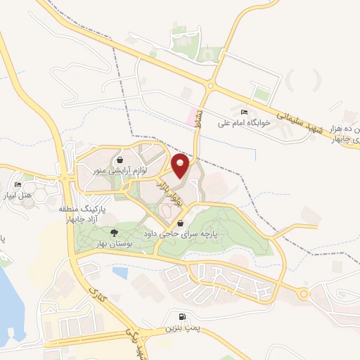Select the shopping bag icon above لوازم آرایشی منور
[x=121, y=160]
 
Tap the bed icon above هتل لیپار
[x=18, y=185]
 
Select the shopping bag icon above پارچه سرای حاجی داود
[x=181, y=224]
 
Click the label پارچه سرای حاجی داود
[x=181, y=233]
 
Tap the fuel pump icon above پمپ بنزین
[x=184, y=317]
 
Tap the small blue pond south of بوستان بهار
[x=120, y=271]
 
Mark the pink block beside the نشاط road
[x=191, y=115]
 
